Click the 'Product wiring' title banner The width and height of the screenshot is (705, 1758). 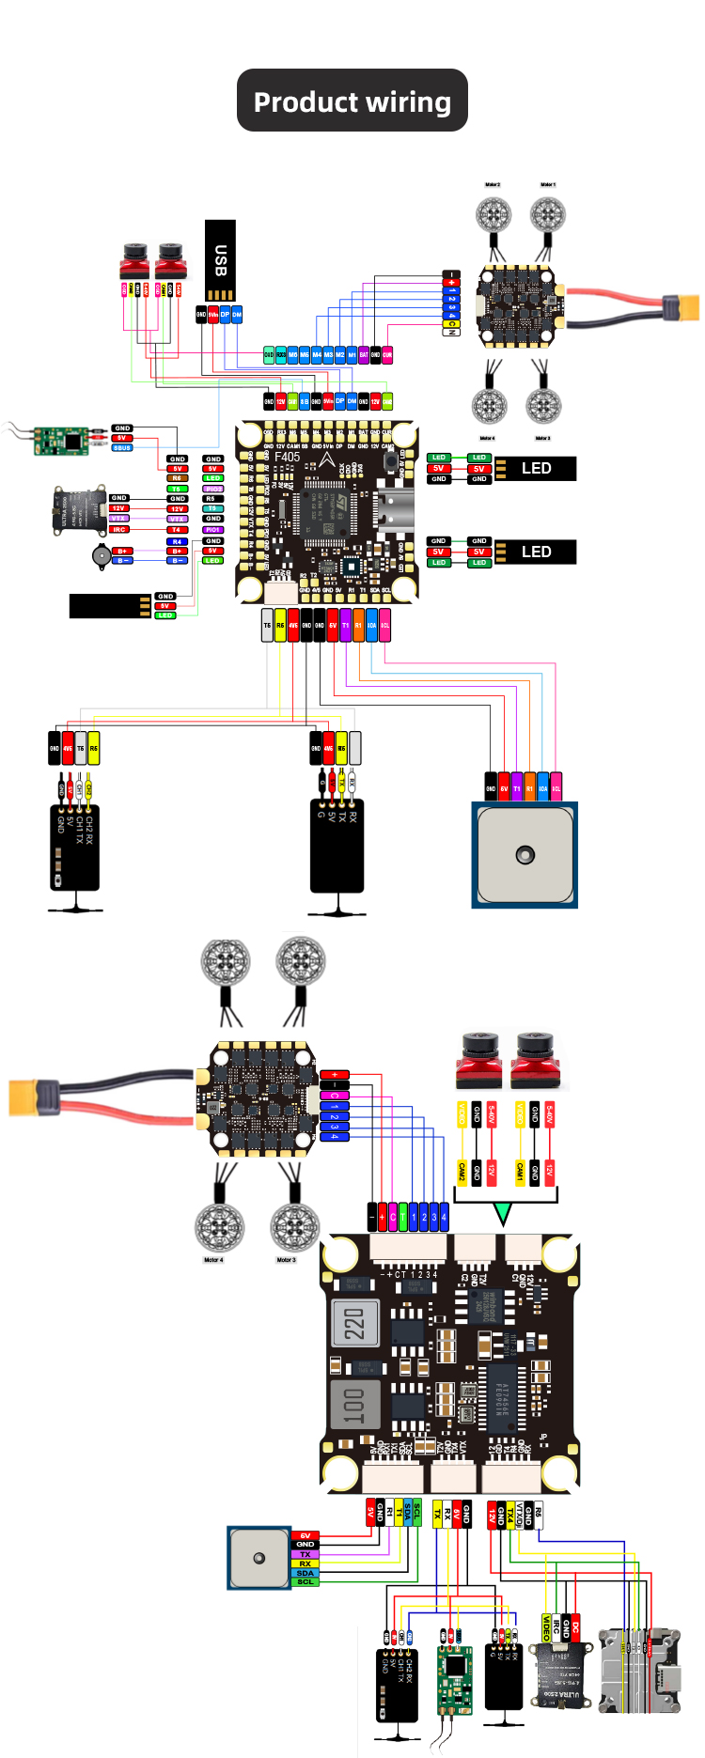tap(352, 101)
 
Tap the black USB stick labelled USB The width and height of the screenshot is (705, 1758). tap(220, 260)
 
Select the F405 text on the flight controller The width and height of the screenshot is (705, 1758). tap(288, 458)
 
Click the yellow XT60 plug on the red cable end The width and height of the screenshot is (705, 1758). tap(681, 307)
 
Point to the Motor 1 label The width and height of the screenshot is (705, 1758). tap(548, 185)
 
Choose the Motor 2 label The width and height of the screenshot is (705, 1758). tap(493, 185)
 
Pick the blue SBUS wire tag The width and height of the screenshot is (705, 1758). tap(122, 448)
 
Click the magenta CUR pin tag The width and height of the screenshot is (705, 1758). tap(386, 355)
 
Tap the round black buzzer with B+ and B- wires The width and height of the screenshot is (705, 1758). tap(100, 555)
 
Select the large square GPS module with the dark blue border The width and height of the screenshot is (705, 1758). tap(525, 854)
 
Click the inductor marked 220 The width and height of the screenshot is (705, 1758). tap(354, 1323)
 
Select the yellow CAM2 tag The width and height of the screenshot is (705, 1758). tap(462, 1172)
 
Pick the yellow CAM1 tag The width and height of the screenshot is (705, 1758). tap(520, 1172)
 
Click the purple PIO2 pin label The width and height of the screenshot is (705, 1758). tap(213, 489)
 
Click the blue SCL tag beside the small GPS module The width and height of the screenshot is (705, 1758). tap(305, 1582)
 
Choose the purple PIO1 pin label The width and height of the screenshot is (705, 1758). tap(213, 530)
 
